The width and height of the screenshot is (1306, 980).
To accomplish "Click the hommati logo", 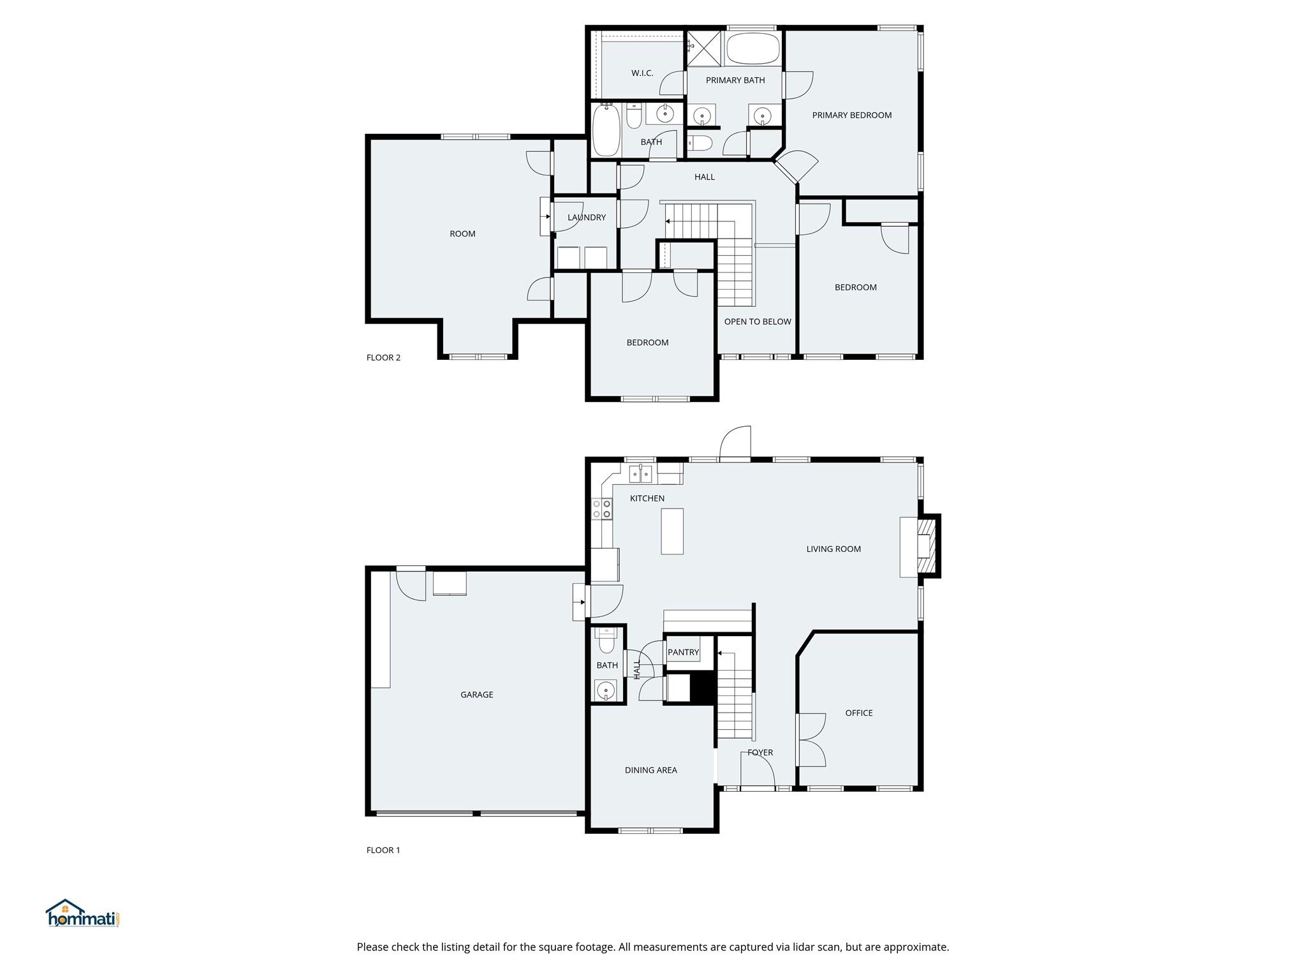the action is coord(83,913).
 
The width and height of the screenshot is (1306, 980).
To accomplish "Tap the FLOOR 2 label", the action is coord(383,357).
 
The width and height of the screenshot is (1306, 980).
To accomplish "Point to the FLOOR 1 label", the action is coord(383,850).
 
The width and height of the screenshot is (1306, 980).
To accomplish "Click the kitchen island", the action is coord(672,531).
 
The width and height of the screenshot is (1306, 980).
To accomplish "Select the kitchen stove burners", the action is coord(602,509).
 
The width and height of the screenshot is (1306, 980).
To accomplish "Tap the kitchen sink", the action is coord(641,474).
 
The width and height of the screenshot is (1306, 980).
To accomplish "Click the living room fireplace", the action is coord(920,546).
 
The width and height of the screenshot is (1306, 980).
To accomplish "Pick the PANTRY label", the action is coord(683,652).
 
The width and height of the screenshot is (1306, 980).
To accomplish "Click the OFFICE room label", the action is coord(859,713).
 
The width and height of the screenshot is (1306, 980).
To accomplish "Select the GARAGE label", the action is coord(477,694).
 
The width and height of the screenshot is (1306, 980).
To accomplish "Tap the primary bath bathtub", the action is coord(753,48).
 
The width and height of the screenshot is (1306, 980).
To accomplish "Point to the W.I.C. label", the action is coord(642,73).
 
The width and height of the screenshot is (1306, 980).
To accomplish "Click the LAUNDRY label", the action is coord(587,217).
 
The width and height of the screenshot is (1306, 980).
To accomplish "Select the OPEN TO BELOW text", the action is coord(758,322).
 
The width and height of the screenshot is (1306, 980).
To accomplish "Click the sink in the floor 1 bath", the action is coord(605,690).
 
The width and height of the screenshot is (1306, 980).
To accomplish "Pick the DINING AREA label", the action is coord(651,770).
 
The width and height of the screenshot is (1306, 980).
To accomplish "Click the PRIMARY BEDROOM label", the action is coord(852,115).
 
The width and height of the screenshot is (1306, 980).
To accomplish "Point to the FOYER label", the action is coord(760,752).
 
